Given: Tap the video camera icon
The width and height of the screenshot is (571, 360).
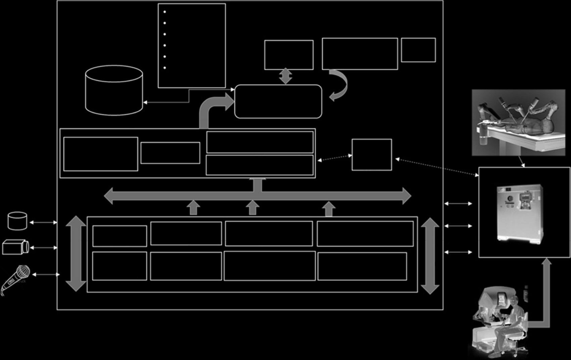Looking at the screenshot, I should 15,247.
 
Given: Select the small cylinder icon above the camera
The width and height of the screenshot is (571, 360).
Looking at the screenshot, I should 17,221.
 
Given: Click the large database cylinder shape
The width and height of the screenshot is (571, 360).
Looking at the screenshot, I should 114,90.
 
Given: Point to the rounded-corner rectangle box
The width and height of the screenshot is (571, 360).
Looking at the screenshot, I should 278,101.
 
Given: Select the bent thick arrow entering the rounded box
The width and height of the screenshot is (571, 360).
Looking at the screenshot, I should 211,107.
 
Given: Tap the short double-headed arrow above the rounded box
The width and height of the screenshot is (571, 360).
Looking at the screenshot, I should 285,76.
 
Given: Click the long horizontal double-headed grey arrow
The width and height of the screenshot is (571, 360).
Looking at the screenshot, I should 257,196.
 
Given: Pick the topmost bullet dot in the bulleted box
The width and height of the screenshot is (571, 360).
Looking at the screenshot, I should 165,12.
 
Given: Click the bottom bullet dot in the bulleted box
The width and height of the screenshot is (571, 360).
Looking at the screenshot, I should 165,68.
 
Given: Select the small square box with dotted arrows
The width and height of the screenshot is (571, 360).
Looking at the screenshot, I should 372,154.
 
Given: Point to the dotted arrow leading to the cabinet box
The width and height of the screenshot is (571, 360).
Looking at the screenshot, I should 436,167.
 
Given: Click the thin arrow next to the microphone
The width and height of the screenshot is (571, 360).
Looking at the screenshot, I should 46,275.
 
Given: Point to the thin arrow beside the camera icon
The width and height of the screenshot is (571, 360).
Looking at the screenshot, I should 43,248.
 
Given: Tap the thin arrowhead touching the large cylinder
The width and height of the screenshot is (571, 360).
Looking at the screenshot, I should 145,102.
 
